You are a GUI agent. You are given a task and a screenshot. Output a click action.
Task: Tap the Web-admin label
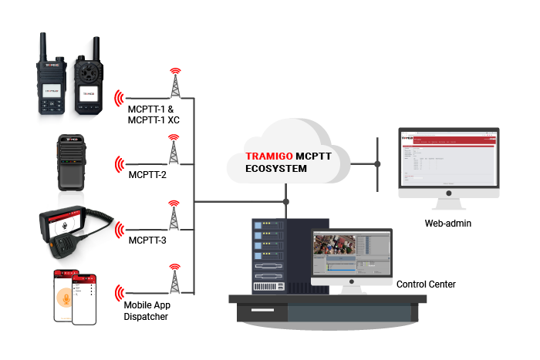point(447,224)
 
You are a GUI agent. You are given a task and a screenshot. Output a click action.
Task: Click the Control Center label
point(426,284)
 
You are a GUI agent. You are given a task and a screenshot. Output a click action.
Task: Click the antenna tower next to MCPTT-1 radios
point(175,83)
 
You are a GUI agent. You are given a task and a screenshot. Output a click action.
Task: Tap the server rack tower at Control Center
point(272,254)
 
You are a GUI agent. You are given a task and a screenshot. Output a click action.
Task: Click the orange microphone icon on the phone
point(66,296)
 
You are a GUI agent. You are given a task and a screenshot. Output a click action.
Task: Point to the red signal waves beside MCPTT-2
point(119,163)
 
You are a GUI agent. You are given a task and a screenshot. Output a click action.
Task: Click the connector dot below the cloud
point(287,202)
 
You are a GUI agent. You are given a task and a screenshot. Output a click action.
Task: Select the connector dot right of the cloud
point(377,164)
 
